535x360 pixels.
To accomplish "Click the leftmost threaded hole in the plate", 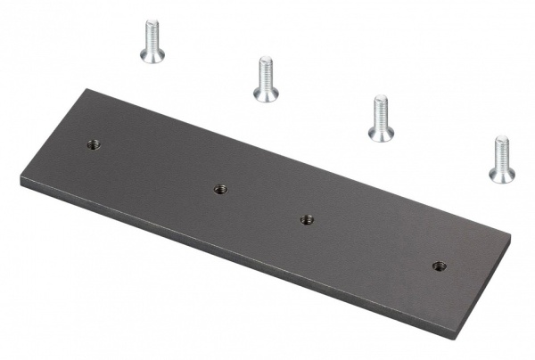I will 94,145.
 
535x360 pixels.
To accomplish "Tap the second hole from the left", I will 221,188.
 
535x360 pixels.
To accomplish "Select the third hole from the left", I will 307,218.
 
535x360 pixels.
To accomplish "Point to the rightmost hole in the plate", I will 439,265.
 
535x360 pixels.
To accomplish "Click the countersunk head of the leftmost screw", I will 152,55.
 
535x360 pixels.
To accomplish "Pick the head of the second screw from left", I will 266,93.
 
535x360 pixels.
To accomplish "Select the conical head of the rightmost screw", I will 502,173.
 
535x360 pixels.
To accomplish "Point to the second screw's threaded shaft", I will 265,71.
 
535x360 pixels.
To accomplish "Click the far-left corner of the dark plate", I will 21,177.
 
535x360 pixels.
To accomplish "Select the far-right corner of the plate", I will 511,237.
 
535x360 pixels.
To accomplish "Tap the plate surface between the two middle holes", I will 264,203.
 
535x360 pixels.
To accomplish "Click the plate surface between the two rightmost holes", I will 373,241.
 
